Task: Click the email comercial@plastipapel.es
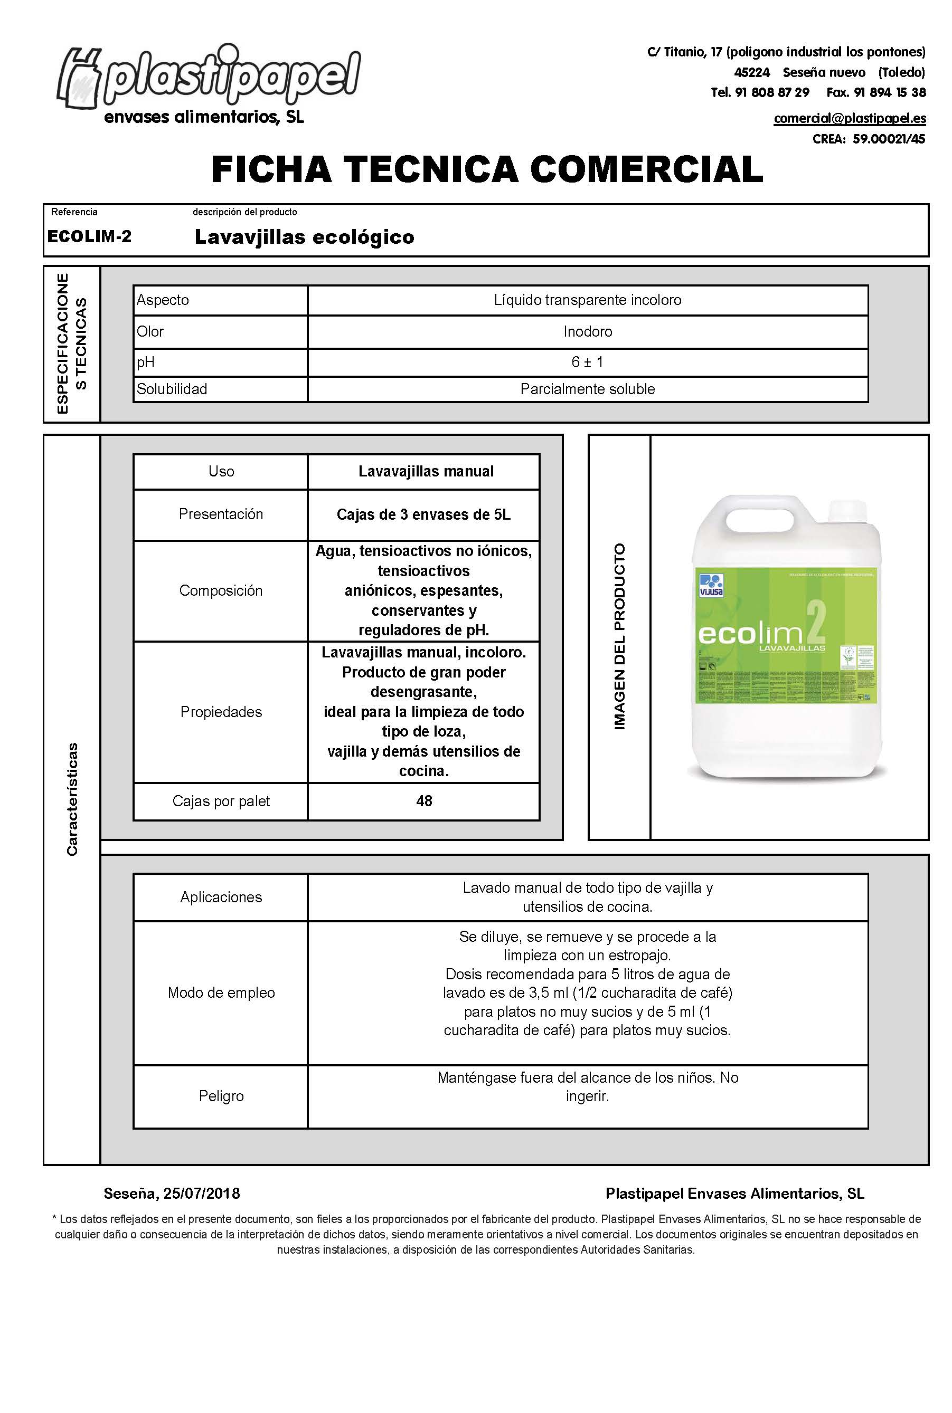[x=850, y=118]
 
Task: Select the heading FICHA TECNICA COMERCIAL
[x=487, y=169]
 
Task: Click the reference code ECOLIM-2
[x=89, y=236]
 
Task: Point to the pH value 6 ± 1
[x=587, y=362]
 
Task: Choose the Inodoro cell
[x=587, y=331]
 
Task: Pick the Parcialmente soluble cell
[x=587, y=389]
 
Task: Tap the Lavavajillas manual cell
[x=426, y=471]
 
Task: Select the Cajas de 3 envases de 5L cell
[x=423, y=514]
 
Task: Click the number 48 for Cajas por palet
[x=424, y=801]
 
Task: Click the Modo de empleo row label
[x=221, y=992]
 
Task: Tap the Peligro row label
[x=221, y=1096]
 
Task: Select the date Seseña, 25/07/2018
[x=172, y=1194]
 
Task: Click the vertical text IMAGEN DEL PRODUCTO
[x=619, y=636]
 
